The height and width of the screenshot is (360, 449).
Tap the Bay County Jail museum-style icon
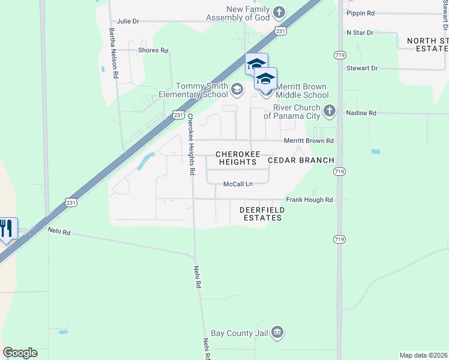click(277, 332)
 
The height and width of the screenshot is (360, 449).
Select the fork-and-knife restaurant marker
click(7, 229)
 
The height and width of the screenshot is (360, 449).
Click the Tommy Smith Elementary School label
click(193, 90)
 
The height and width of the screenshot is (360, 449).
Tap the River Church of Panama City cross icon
click(328, 111)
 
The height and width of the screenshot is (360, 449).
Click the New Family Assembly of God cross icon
click(279, 12)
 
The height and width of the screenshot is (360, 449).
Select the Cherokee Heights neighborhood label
click(238, 158)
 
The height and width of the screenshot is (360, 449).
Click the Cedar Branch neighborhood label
click(300, 160)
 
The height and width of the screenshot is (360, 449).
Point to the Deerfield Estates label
click(261, 214)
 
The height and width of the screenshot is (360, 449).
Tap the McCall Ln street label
click(238, 184)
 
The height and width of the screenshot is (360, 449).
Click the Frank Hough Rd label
click(309, 200)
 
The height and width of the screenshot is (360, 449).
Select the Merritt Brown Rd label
click(309, 141)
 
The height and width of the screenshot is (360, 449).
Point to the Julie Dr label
click(128, 21)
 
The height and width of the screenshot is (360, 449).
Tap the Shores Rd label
click(153, 50)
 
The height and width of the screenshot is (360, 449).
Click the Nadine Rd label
click(361, 113)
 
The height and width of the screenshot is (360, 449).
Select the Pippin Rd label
click(361, 13)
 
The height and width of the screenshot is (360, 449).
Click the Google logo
click(20, 353)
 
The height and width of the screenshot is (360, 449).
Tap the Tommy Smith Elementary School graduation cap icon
click(237, 91)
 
